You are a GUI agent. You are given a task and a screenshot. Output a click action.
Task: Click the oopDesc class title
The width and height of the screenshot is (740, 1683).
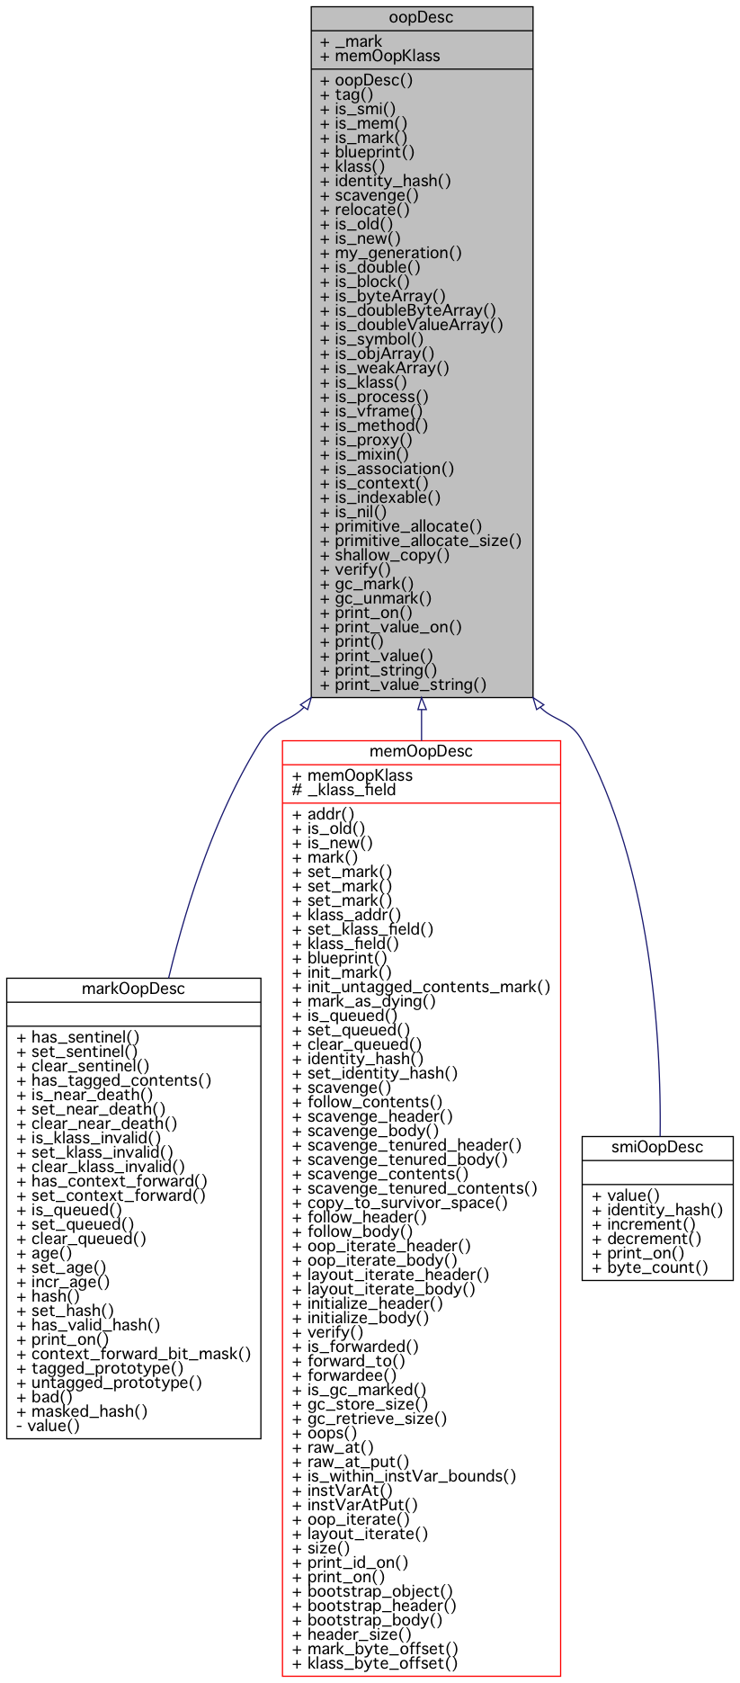[x=421, y=18]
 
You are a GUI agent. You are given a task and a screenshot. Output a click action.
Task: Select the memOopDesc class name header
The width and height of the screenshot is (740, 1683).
[x=421, y=752]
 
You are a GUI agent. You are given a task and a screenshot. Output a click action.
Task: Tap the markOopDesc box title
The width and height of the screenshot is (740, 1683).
[x=133, y=989]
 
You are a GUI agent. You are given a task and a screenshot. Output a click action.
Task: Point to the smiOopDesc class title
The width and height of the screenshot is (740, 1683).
[x=656, y=1148]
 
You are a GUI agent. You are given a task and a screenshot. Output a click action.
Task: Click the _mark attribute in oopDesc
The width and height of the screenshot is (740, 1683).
[x=351, y=41]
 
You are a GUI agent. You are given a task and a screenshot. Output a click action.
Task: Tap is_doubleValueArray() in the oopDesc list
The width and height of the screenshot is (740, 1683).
[x=411, y=325]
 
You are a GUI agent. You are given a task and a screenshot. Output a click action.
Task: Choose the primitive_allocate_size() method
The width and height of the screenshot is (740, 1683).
[x=420, y=541]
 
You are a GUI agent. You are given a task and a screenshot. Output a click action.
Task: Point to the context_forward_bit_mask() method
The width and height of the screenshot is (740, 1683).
[x=133, y=1354]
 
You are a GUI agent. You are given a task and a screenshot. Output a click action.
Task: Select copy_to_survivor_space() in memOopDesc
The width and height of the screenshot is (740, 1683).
[x=399, y=1203]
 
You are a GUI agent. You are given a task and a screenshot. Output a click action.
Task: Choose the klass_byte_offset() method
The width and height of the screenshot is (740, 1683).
[x=375, y=1663]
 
